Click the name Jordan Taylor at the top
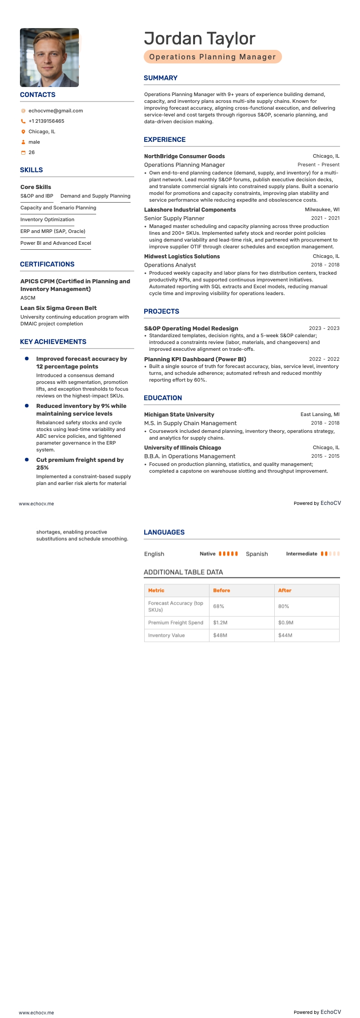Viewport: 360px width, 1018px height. pyautogui.click(x=199, y=39)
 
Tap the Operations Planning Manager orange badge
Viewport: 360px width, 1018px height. pyautogui.click(x=213, y=57)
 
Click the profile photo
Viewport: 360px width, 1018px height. pyautogui.click(x=49, y=58)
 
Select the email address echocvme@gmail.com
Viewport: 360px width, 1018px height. pyautogui.click(x=55, y=111)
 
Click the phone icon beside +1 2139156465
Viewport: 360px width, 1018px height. pyautogui.click(x=23, y=121)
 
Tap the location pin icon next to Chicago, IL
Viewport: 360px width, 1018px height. pyautogui.click(x=23, y=132)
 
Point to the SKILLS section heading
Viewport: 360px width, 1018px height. pyautogui.click(x=31, y=170)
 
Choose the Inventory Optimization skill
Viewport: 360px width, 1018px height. pyautogui.click(x=47, y=219)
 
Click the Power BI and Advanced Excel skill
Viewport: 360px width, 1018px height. pyautogui.click(x=56, y=243)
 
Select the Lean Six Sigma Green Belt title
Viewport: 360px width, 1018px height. pyautogui.click(x=58, y=308)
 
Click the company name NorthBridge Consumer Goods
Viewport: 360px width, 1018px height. pyautogui.click(x=184, y=156)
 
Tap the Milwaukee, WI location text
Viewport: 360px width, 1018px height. pyautogui.click(x=322, y=210)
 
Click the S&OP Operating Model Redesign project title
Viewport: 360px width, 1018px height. pyautogui.click(x=191, y=329)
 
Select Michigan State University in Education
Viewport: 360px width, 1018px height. pyautogui.click(x=179, y=415)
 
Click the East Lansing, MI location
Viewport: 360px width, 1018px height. pyautogui.click(x=320, y=415)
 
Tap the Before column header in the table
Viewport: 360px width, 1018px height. pyautogui.click(x=222, y=591)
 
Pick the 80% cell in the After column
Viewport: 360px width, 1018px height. pyautogui.click(x=283, y=606)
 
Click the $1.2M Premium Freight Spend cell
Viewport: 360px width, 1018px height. pyautogui.click(x=220, y=623)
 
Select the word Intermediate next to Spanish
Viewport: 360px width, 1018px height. pyautogui.click(x=302, y=554)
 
